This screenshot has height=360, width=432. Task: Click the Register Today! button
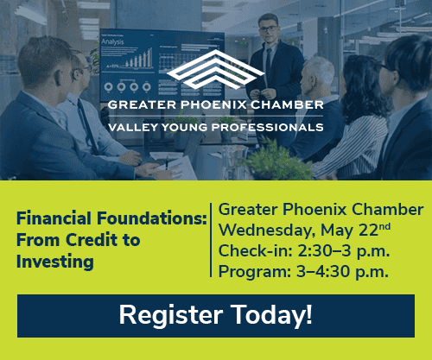tap(215, 315)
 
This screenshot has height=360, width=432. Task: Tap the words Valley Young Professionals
tap(216, 127)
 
